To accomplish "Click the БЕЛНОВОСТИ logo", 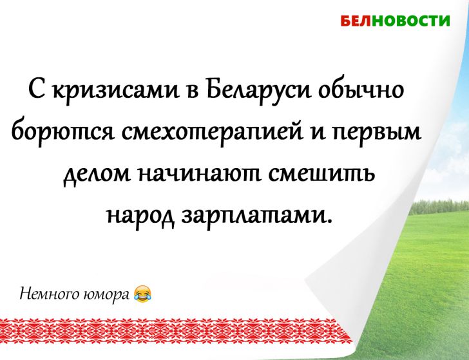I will tap(395, 21).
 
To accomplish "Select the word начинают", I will tap(196, 175).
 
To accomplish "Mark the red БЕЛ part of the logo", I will tap(353, 21).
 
